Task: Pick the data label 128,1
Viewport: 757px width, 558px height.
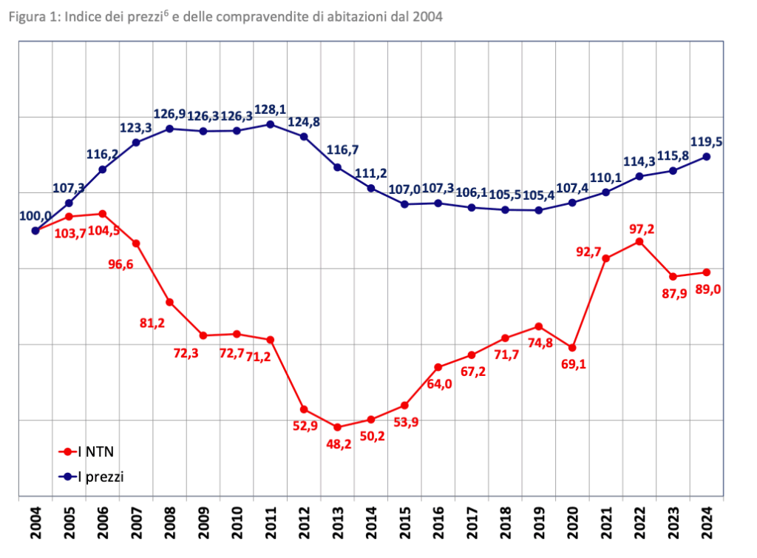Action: coord(271,109)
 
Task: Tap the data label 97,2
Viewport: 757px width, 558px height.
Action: coord(639,227)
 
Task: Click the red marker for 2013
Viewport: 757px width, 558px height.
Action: coord(338,427)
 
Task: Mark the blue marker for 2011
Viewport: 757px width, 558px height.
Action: coord(271,124)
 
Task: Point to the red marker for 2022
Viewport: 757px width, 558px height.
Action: coord(639,241)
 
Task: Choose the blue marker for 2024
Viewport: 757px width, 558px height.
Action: coord(707,156)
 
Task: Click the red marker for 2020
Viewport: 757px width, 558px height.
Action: coord(573,347)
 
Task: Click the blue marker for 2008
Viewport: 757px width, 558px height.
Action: coord(169,129)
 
